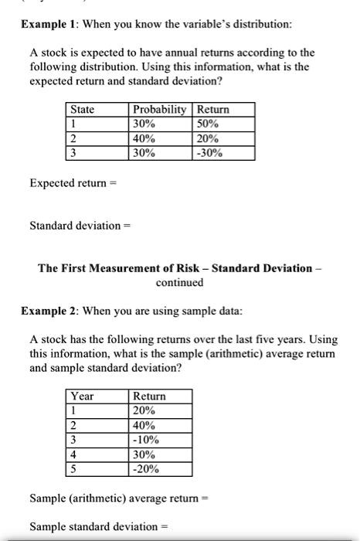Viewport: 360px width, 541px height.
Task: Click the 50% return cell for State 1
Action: click(x=209, y=124)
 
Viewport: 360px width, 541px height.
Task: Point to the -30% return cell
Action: click(x=211, y=153)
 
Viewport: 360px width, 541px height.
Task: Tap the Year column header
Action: click(x=82, y=396)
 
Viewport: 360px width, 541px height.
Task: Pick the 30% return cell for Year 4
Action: click(x=144, y=454)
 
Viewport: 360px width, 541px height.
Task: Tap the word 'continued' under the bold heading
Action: click(x=179, y=282)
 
